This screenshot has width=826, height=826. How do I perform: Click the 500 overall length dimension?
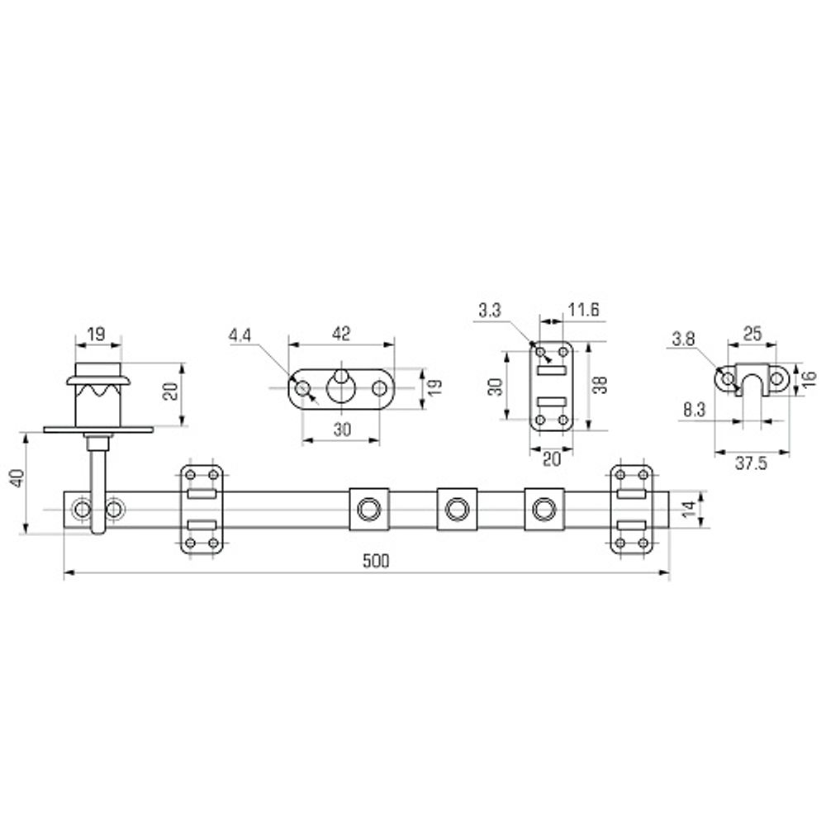(x=376, y=561)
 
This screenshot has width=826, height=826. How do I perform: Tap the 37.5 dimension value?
(x=751, y=463)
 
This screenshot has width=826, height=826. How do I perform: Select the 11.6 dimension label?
(x=583, y=310)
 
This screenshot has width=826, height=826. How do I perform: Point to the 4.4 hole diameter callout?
(x=240, y=335)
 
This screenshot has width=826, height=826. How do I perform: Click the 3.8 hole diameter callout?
(x=683, y=339)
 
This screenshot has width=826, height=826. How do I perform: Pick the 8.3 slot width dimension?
(x=695, y=410)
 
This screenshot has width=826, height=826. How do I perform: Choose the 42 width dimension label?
(x=341, y=334)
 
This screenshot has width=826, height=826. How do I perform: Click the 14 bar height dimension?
(x=689, y=510)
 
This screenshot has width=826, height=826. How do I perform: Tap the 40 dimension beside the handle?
(x=18, y=478)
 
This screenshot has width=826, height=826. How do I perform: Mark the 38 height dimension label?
(x=600, y=385)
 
